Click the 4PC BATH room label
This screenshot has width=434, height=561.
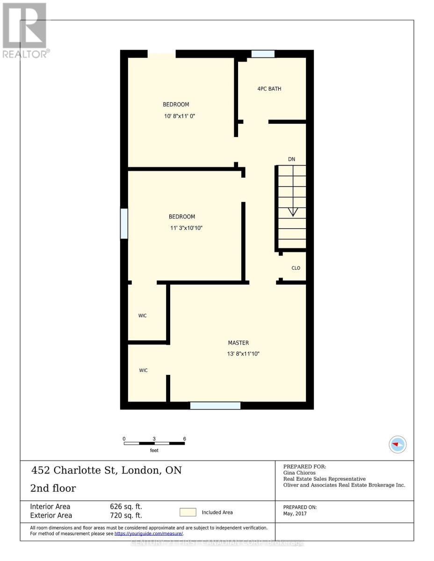pyautogui.click(x=269, y=89)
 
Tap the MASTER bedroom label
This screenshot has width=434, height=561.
pyautogui.click(x=239, y=343)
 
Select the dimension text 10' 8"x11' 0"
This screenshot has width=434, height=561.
pyautogui.click(x=176, y=116)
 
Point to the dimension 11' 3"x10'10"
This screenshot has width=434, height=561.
pyautogui.click(x=186, y=228)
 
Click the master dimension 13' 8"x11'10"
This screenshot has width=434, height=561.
pyautogui.click(x=243, y=354)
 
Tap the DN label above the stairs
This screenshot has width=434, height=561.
pyautogui.click(x=291, y=159)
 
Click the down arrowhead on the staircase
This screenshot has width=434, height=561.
pyautogui.click(x=293, y=212)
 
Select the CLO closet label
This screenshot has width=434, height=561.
pyautogui.click(x=296, y=268)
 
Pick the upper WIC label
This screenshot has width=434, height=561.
pyautogui.click(x=143, y=316)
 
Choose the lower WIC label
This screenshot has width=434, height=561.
pyautogui.click(x=143, y=370)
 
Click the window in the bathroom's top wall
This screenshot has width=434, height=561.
pyautogui.click(x=263, y=54)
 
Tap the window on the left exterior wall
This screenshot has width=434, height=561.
pyautogui.click(x=124, y=223)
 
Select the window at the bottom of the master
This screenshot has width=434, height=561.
pyautogui.click(x=215, y=405)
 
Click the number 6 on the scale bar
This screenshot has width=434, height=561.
pyautogui.click(x=185, y=439)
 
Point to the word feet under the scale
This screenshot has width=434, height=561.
pyautogui.click(x=154, y=451)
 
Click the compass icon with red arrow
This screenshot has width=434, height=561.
pyautogui.click(x=398, y=444)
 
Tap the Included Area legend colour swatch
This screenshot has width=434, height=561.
pyautogui.click(x=188, y=512)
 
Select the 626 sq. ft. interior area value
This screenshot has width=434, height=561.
pyautogui.click(x=126, y=506)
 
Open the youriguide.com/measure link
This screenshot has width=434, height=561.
pyautogui.click(x=149, y=533)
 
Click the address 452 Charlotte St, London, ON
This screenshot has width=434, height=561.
pyautogui.click(x=106, y=470)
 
